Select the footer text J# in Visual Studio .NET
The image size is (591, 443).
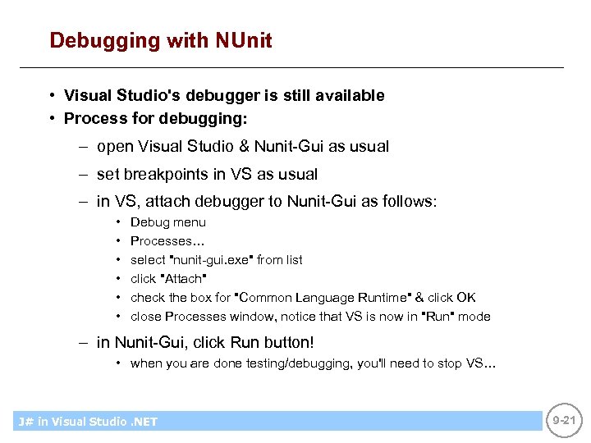point(88,422)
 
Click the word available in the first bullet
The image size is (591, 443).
point(349,96)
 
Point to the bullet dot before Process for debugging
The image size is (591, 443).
point(52,119)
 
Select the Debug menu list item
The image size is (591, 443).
point(168,222)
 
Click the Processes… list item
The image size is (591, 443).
point(168,241)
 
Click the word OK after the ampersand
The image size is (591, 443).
point(465,298)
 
